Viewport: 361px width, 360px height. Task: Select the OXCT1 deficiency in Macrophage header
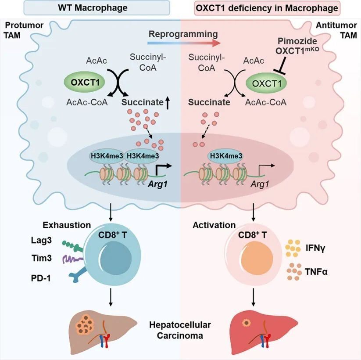click(x=270, y=8)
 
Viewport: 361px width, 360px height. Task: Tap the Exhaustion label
click(x=67, y=225)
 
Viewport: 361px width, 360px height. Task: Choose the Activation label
click(x=214, y=225)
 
